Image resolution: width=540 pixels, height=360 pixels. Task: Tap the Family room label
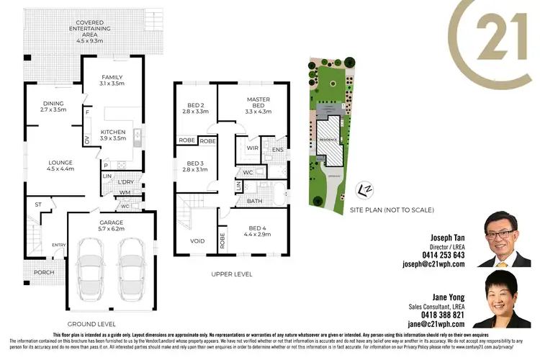(x=112, y=77)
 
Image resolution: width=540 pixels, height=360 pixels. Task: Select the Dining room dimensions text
(x=54, y=110)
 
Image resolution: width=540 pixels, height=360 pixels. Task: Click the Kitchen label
(x=112, y=132)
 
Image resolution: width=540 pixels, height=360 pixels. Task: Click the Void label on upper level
(x=197, y=241)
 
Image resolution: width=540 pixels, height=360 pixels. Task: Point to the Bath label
(x=254, y=201)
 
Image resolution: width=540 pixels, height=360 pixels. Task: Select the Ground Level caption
(x=91, y=324)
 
